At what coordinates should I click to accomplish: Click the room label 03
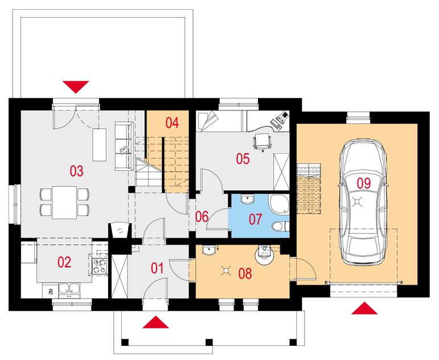point(76,171)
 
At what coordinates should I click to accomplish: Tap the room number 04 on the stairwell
point(172,123)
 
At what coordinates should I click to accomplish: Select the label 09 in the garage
point(364,183)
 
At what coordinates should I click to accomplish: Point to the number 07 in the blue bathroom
point(255,219)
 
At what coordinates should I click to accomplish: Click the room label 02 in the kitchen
point(64,262)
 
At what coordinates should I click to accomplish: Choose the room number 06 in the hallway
point(202,217)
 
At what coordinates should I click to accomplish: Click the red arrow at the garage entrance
point(364,308)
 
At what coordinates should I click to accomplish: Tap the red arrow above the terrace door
point(76,87)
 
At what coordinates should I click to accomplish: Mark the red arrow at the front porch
point(155,322)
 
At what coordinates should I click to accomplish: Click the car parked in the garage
point(363,202)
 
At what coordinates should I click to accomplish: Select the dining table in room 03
point(64,202)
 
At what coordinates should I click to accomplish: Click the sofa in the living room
point(124,146)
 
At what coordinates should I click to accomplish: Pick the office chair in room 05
point(262,141)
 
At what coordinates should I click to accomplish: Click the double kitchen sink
point(69,290)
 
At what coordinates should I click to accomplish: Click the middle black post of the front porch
point(209,342)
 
